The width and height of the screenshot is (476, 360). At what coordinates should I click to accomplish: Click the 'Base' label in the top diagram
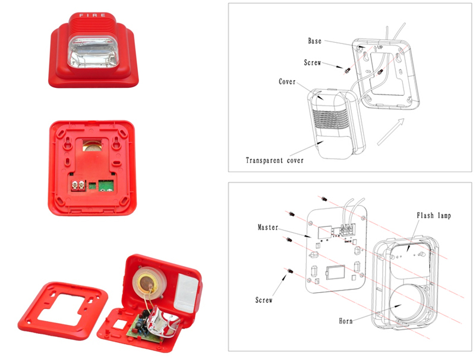[314, 41]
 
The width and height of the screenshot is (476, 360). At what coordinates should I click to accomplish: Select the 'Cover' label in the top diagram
[287, 82]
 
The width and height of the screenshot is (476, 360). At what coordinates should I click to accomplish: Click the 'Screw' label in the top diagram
[313, 62]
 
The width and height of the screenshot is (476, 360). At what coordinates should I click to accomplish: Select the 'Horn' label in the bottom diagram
[346, 321]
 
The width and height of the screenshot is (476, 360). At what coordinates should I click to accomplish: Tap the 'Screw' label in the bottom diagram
[264, 301]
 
